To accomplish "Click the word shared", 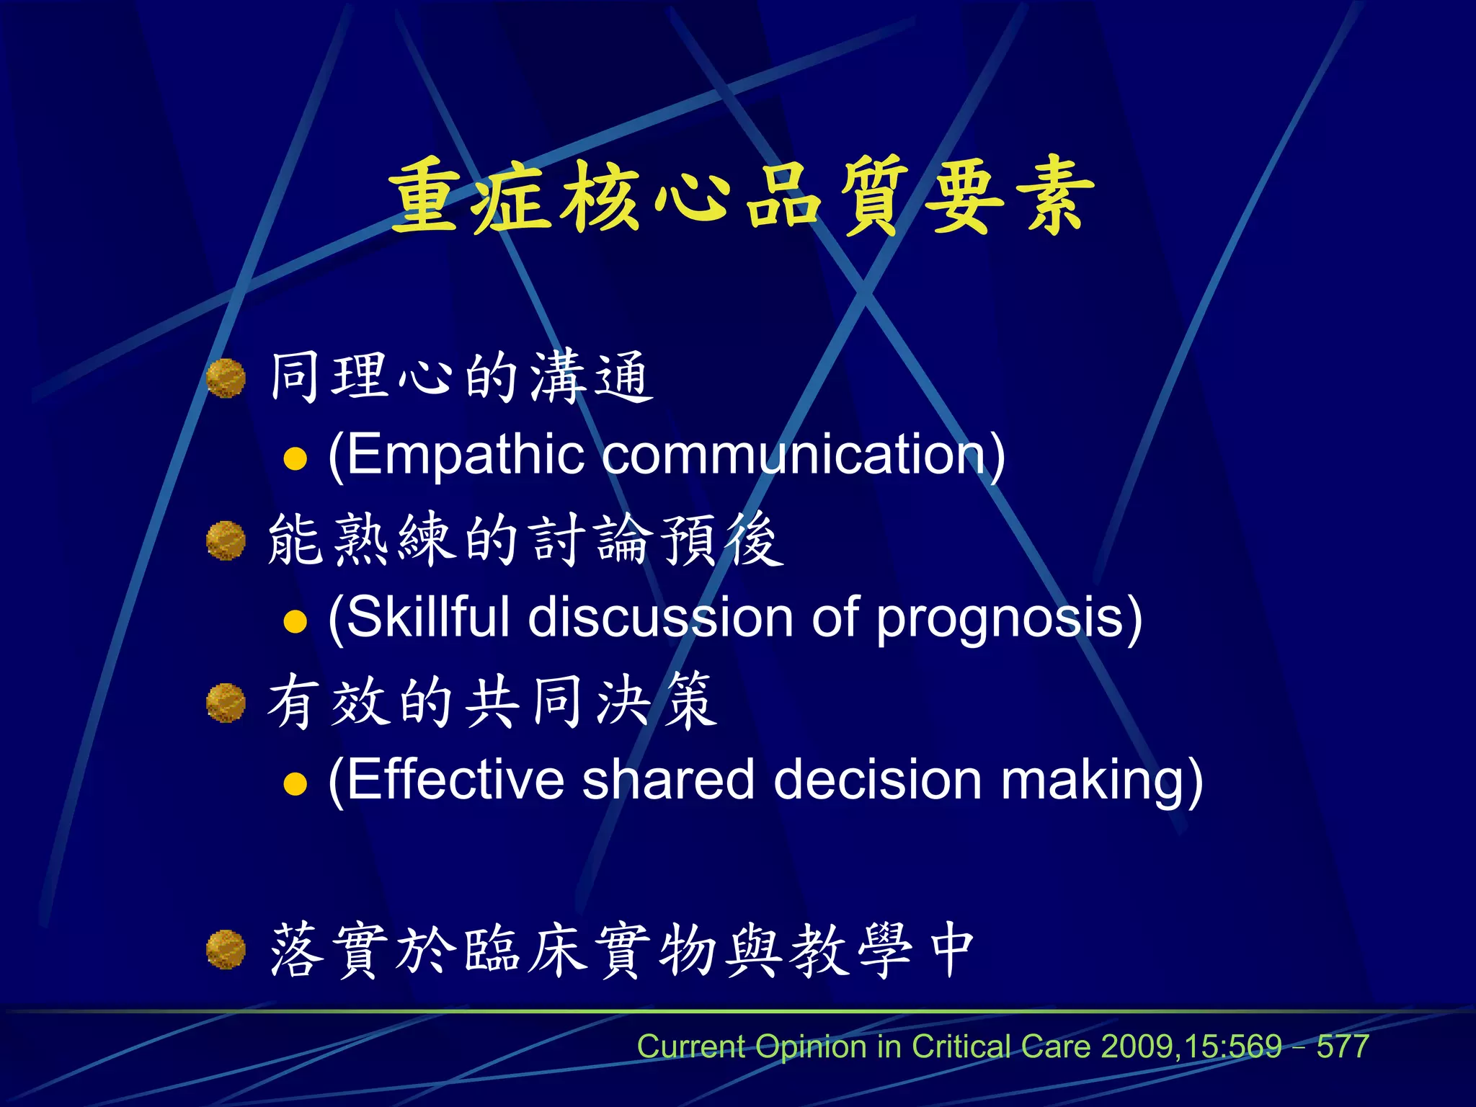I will pyautogui.click(x=668, y=780).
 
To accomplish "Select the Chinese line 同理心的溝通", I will pyautogui.click(x=461, y=376).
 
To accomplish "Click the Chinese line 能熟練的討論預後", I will pyautogui.click(x=525, y=540).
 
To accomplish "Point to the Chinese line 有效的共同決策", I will pyautogui.click(x=492, y=701).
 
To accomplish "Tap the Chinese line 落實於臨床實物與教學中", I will pyautogui.click(x=622, y=951).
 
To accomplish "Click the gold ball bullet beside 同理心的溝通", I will pyautogui.click(x=226, y=378).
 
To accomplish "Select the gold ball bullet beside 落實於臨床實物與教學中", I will pyautogui.click(x=226, y=950).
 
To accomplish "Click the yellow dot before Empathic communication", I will pyautogui.click(x=295, y=458).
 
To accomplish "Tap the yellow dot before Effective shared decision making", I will pyautogui.click(x=295, y=783).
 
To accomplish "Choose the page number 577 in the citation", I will pyautogui.click(x=1343, y=1046).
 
